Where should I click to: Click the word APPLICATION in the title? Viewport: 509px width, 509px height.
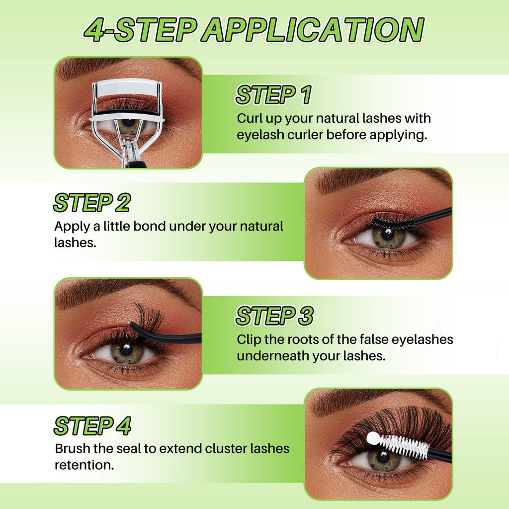pos(314,30)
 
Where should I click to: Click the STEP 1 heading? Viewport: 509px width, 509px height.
pos(274,95)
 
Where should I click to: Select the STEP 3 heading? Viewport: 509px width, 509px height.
pos(275,316)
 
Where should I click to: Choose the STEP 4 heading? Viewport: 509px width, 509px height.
pos(92,426)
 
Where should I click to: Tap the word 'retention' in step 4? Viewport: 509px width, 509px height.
pos(82,465)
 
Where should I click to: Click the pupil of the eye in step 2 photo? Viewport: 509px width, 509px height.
pos(387,234)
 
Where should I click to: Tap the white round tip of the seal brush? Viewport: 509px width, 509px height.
pos(373,438)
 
